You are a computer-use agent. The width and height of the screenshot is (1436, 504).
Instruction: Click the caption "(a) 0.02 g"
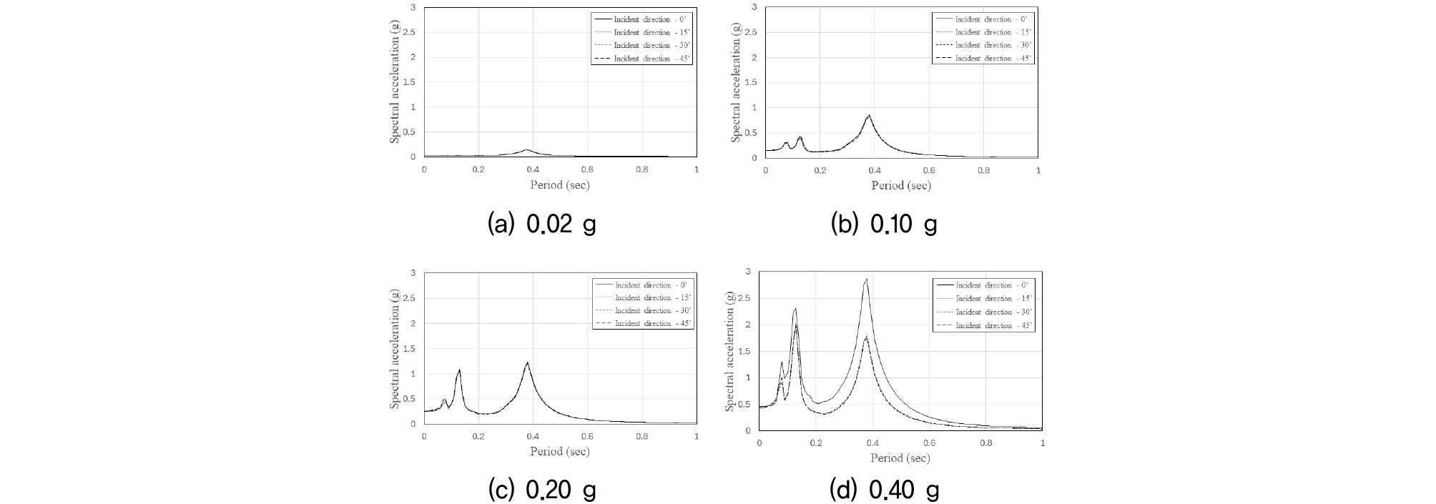(541, 224)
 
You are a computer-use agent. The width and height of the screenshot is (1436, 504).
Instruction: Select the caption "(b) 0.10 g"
(883, 224)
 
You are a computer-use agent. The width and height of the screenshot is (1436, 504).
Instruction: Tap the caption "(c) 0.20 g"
(541, 490)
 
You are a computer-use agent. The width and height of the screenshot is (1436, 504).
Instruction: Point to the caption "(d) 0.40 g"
(883, 490)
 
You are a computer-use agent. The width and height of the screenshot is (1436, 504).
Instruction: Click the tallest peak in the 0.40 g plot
(866, 280)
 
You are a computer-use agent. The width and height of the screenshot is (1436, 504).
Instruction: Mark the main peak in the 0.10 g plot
(869, 115)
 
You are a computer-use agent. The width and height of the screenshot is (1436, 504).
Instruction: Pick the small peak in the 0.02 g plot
(527, 149)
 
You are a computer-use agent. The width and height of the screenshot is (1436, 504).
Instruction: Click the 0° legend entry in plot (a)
(641, 19)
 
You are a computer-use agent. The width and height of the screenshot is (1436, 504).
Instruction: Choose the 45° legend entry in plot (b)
(983, 58)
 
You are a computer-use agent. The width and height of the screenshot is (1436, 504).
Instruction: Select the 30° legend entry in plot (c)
(643, 311)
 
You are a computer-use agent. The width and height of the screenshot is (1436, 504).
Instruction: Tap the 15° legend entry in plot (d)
(983, 299)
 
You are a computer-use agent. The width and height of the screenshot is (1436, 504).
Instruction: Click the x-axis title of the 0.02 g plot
(560, 184)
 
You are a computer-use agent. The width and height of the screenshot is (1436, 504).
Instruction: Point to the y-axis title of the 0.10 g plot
(735, 81)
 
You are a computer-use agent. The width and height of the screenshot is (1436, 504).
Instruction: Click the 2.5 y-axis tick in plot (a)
(411, 32)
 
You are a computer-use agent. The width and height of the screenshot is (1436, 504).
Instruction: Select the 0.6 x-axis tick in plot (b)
(929, 171)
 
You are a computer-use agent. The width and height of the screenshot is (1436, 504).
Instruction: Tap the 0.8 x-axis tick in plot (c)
(641, 437)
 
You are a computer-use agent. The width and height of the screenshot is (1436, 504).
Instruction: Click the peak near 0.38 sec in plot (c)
(527, 362)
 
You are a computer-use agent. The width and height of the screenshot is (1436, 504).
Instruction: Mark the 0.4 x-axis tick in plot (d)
(872, 443)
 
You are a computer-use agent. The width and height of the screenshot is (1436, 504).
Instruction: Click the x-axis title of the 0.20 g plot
(560, 451)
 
